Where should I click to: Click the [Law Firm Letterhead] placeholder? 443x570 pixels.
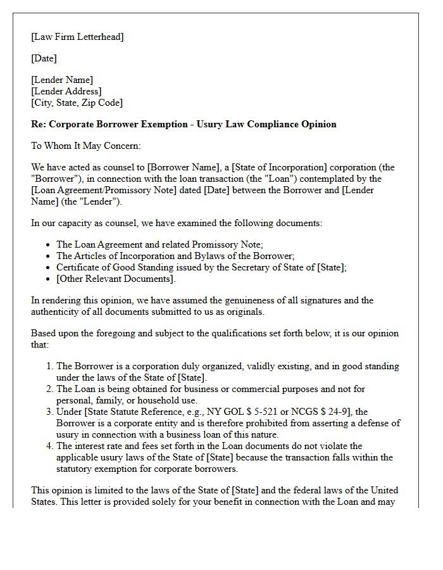click(x=77, y=37)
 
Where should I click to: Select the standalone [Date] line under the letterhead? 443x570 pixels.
click(x=44, y=58)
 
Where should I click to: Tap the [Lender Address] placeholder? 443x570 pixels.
click(x=66, y=91)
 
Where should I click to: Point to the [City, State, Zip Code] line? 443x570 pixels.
click(x=77, y=103)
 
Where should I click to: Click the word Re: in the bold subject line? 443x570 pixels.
click(x=39, y=124)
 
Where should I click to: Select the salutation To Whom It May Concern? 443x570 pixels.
click(x=86, y=146)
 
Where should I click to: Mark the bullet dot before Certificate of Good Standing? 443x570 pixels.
click(x=49, y=268)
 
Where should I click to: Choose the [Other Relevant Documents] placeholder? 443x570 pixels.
click(x=115, y=279)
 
